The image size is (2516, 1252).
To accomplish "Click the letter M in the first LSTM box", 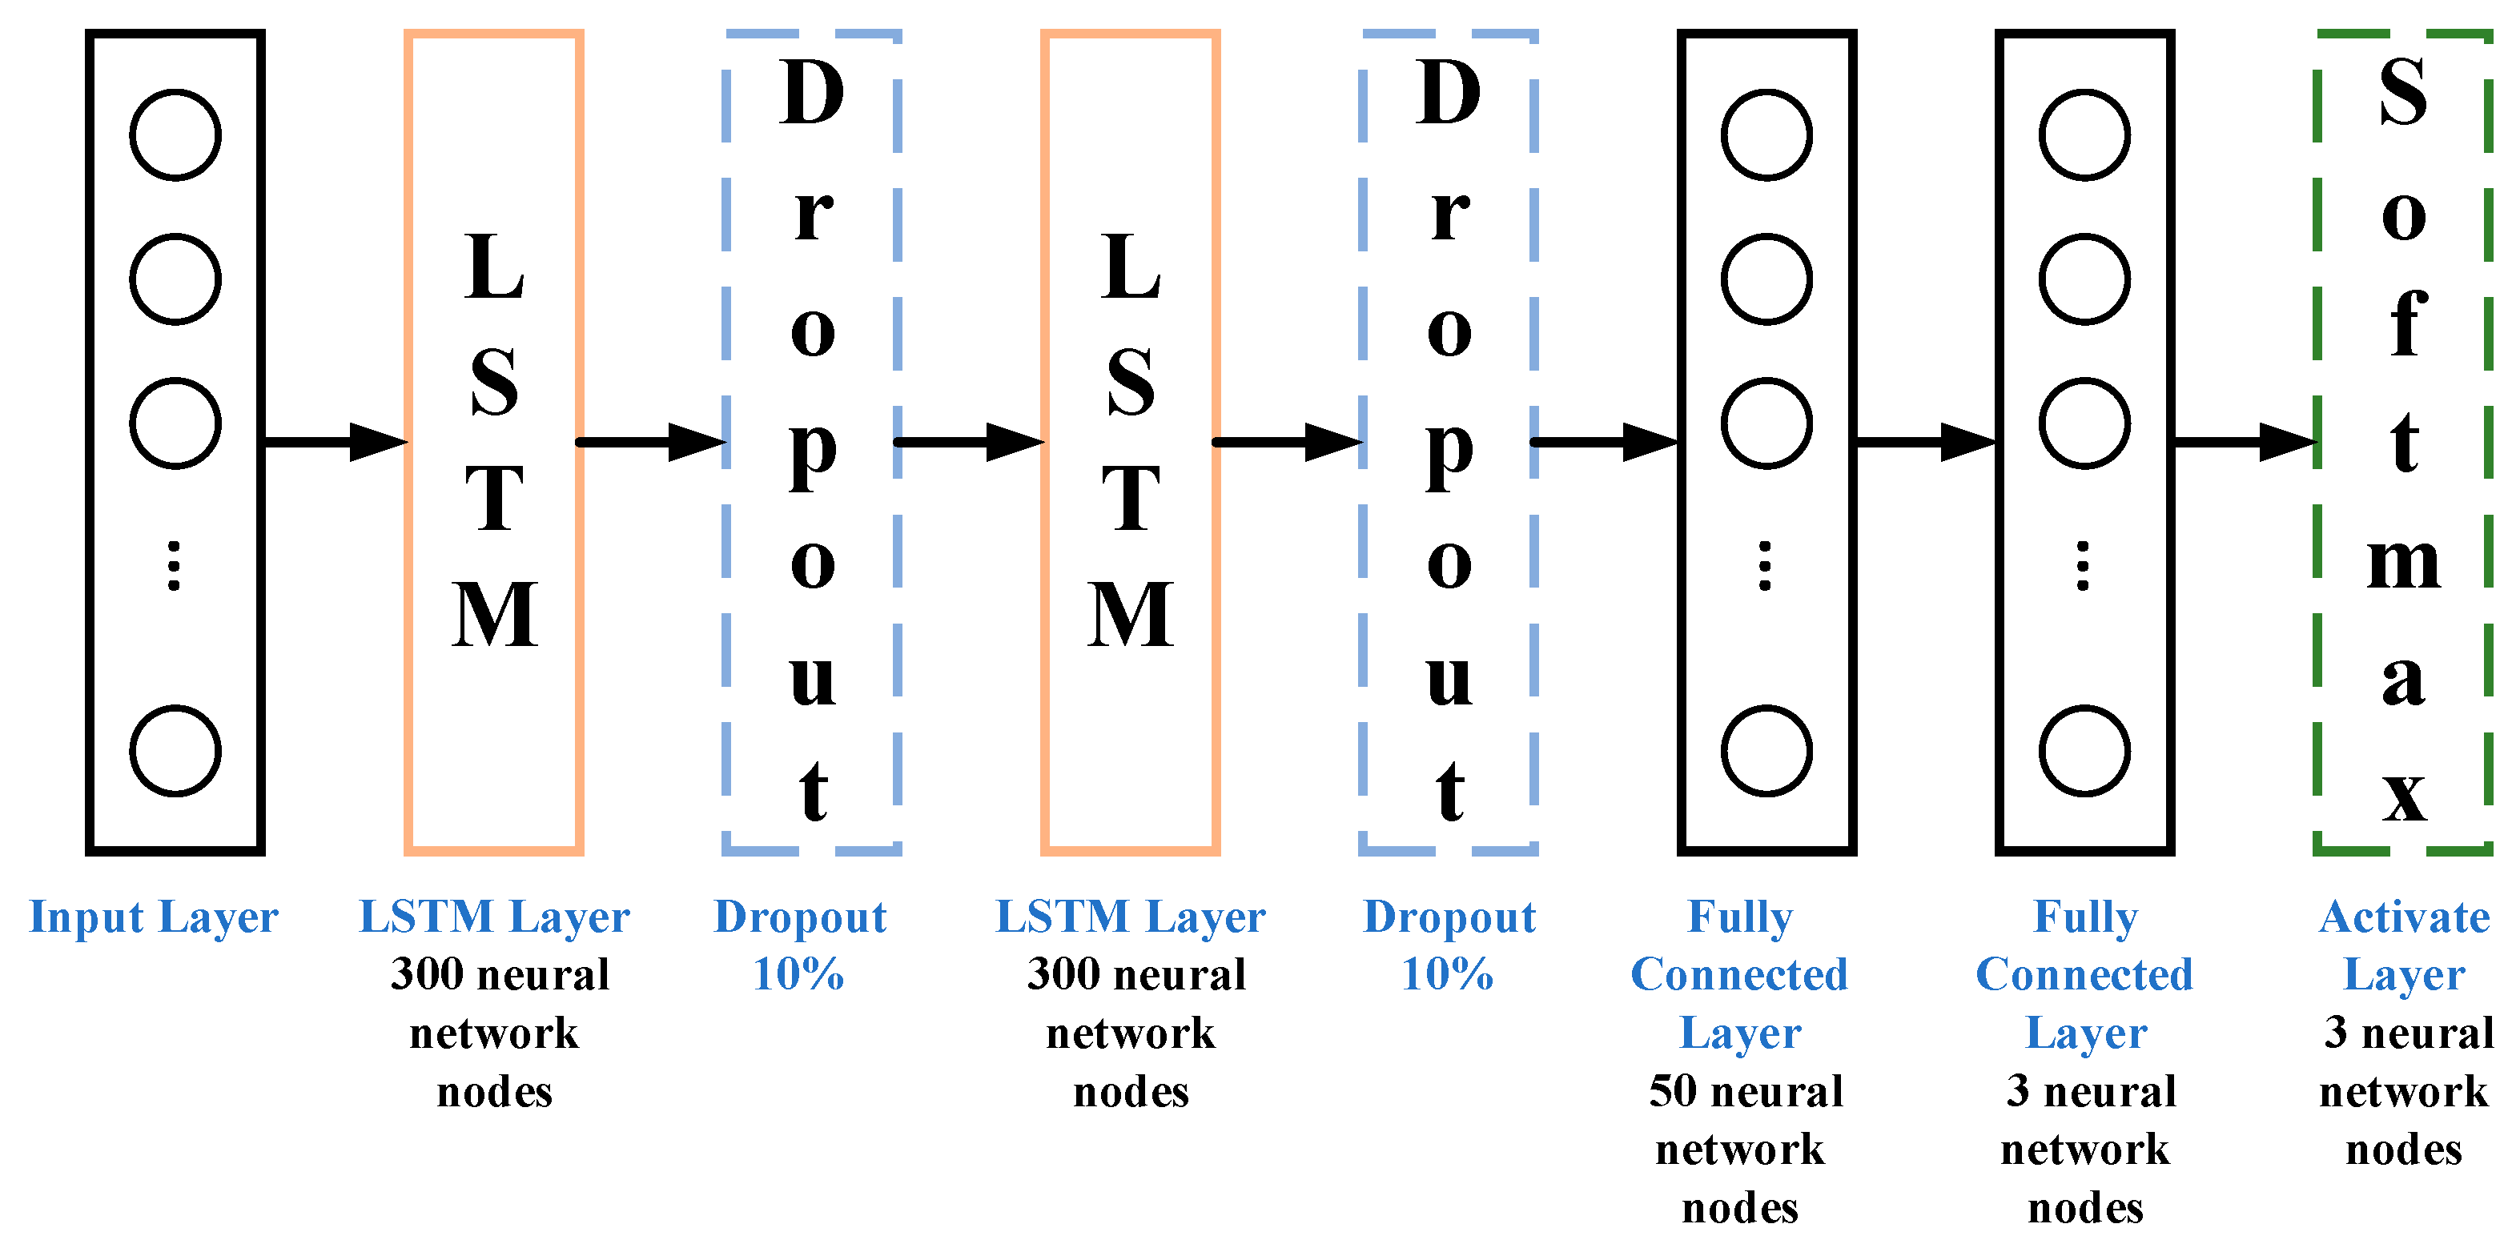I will (494, 616).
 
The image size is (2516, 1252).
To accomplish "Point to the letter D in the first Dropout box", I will (812, 93).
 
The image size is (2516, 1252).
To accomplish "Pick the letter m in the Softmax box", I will (2403, 564).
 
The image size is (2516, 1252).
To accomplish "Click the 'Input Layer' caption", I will (155, 918).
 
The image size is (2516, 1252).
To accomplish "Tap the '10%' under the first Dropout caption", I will (798, 973).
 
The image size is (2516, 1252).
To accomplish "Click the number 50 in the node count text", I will (1672, 1091).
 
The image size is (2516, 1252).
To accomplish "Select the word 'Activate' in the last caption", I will (2404, 917).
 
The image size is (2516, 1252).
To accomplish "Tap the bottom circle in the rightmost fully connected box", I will (2084, 750).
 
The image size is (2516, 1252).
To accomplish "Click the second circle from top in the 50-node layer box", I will (1766, 279).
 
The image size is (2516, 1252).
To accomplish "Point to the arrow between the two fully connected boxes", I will (1925, 443).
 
